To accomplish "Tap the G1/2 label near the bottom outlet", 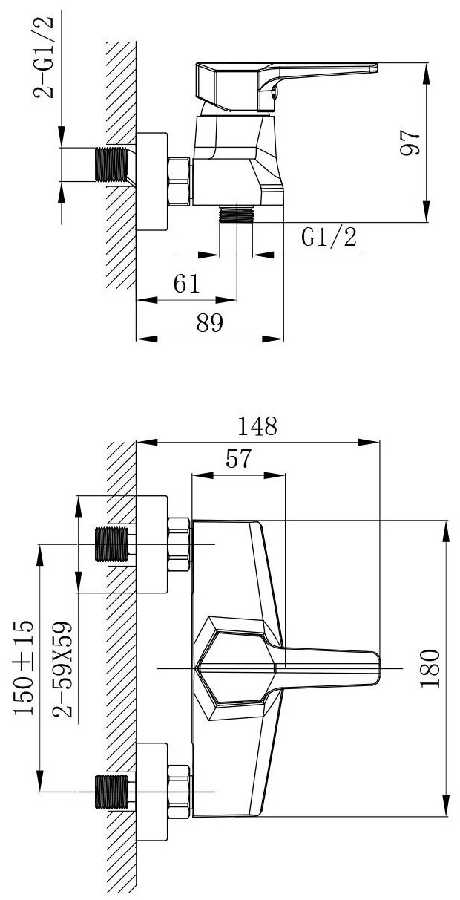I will point(329,237).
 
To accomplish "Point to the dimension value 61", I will point(186,284).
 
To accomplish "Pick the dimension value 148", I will point(256,426).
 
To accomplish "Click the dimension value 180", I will point(433,668).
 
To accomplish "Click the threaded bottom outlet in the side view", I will point(237,214).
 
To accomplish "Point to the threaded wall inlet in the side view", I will point(112,164).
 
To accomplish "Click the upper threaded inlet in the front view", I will point(112,544).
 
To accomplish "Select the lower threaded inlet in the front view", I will point(112,792).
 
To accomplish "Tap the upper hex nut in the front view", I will point(180,544).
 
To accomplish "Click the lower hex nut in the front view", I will point(180,792).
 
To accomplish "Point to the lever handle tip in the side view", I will point(367,69).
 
